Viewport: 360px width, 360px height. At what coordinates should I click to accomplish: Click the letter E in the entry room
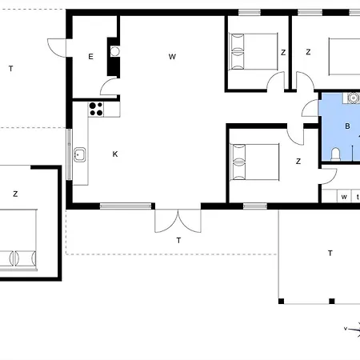[x=90, y=57]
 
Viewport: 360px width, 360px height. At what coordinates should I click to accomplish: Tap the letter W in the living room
[x=172, y=57]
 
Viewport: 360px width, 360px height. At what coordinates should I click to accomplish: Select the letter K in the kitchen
[x=115, y=154]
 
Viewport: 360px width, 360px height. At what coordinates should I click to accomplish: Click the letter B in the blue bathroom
[x=347, y=126]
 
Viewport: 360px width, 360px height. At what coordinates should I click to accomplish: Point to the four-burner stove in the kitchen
[x=96, y=109]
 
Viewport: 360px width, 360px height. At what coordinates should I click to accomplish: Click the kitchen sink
[x=80, y=154]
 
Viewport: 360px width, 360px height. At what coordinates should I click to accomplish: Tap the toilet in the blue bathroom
[x=335, y=154]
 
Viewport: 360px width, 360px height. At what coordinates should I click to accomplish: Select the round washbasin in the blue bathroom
[x=354, y=98]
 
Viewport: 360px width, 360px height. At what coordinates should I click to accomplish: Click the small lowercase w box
[x=344, y=197]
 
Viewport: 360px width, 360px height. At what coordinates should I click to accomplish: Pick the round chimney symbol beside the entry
[x=115, y=51]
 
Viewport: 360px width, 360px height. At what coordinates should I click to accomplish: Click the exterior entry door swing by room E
[x=57, y=48]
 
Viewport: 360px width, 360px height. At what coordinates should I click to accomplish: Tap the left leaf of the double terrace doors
[x=166, y=221]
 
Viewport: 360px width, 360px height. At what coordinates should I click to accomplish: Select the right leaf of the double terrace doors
[x=190, y=221]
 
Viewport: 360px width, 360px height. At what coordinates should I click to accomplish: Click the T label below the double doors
[x=178, y=241]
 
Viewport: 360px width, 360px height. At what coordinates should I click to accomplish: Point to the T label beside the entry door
[x=11, y=69]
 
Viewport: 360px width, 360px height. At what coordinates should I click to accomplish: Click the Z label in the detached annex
[x=15, y=194]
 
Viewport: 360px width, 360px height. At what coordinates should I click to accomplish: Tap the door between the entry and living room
[x=109, y=86]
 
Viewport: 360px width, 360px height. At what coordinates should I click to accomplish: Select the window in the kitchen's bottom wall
[x=126, y=206]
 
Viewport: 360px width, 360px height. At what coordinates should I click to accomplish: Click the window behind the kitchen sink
[x=69, y=154]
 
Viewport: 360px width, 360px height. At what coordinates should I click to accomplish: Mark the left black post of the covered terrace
[x=281, y=302]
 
